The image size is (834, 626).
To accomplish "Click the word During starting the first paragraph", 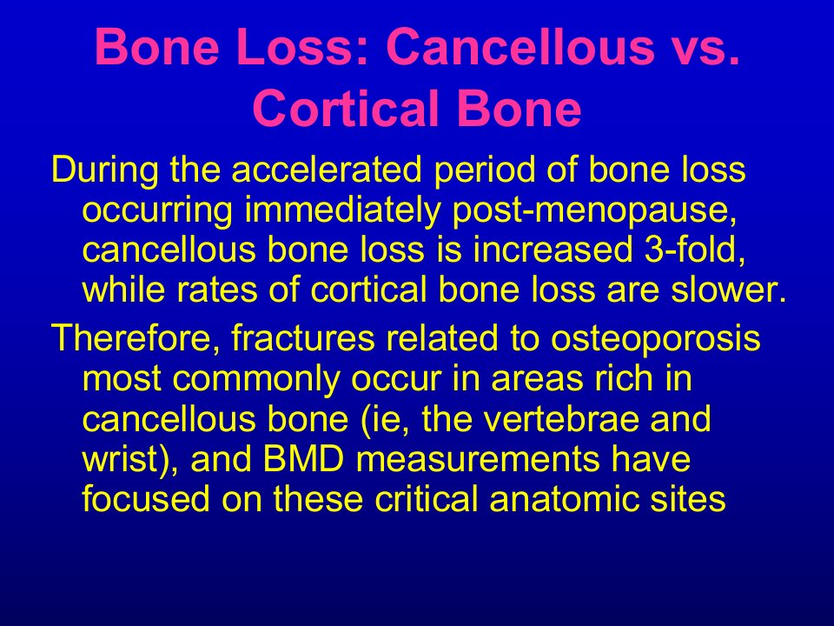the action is click(x=104, y=170).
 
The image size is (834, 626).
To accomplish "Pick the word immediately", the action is click(x=342, y=211).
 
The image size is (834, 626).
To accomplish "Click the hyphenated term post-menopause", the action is click(x=594, y=211).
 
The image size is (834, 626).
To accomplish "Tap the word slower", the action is click(x=728, y=290).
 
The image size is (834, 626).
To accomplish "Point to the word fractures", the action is click(x=302, y=338).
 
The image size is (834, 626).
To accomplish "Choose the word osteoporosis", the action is click(x=655, y=339).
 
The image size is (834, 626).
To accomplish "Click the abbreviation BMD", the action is click(x=304, y=459).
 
